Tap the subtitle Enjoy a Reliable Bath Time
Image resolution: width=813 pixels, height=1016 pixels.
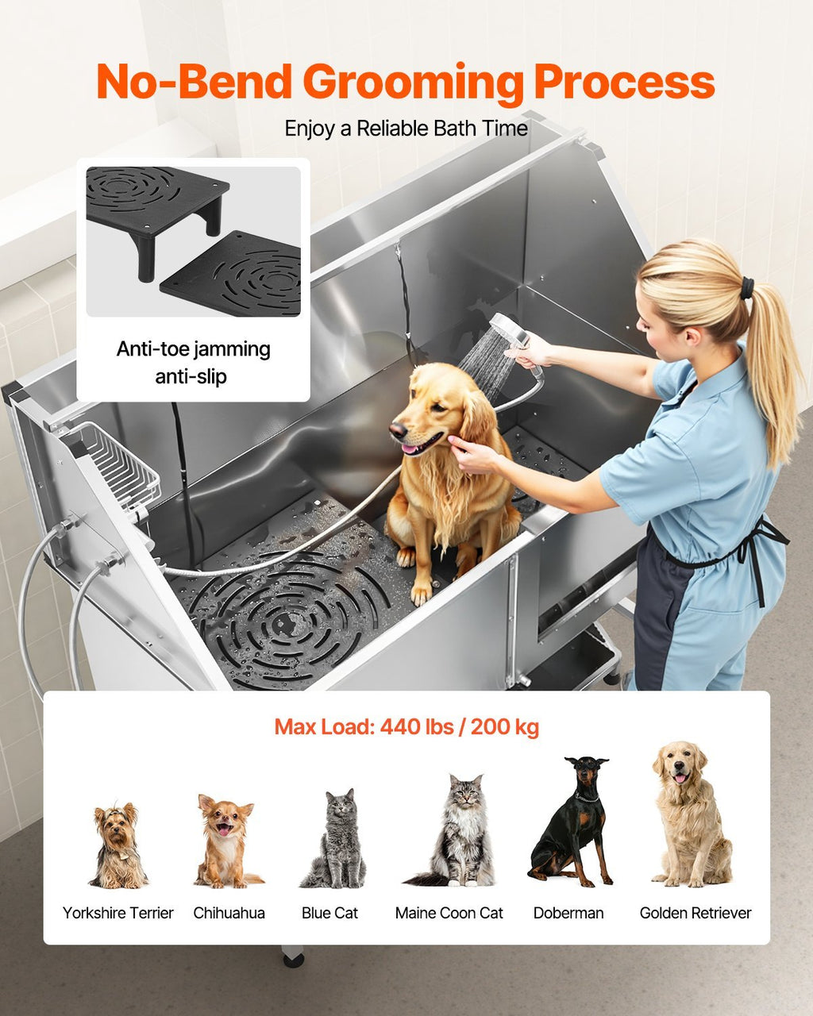[406, 129]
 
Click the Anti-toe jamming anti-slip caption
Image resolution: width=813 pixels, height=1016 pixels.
[193, 362]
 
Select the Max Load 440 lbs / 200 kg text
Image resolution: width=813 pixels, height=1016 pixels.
[406, 726]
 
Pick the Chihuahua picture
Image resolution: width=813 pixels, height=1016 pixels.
[225, 841]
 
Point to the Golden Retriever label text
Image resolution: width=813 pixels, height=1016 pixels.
[695, 913]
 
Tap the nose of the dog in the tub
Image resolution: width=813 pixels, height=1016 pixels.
[395, 430]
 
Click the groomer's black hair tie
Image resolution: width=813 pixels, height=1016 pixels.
[747, 287]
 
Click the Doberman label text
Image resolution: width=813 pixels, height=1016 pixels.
[568, 913]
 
